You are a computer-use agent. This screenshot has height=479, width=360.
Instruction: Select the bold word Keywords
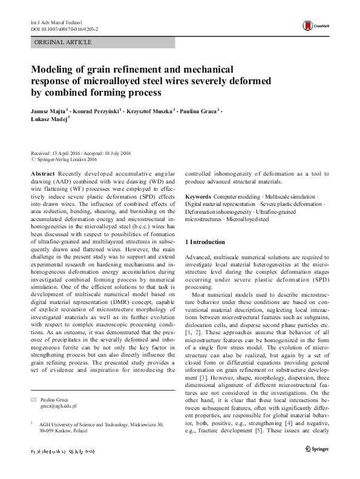tap(197, 197)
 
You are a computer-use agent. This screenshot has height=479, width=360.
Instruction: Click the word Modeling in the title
tap(55, 70)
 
